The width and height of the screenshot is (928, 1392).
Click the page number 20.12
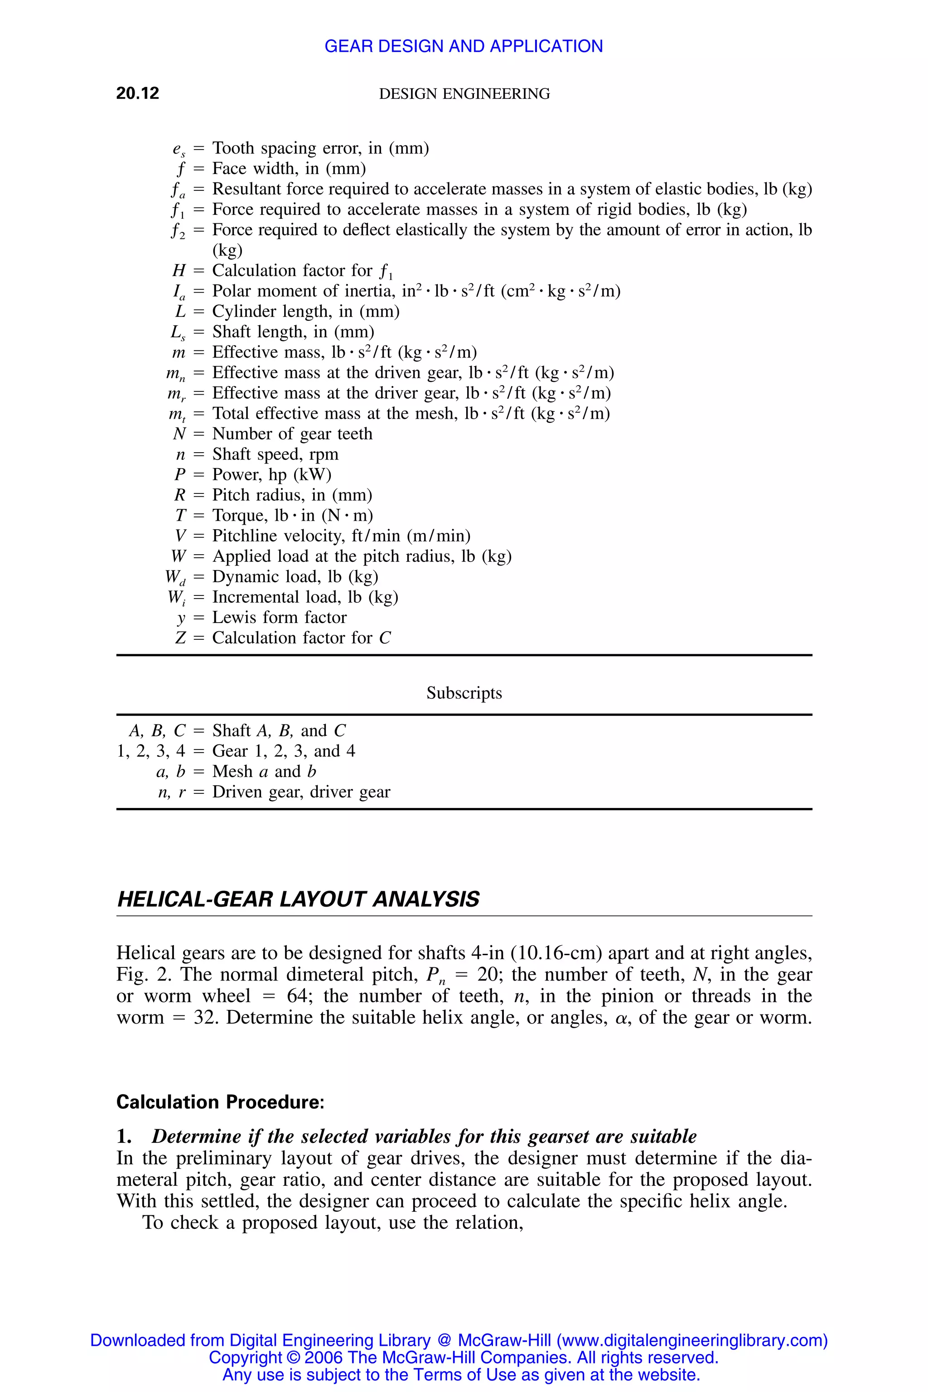pos(137,93)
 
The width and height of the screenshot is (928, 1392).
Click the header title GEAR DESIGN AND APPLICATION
pos(464,46)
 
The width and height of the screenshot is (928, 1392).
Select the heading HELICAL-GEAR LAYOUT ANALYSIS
pos(298,899)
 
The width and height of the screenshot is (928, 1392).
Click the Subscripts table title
pos(464,693)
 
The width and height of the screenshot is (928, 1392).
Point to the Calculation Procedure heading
pos(220,1102)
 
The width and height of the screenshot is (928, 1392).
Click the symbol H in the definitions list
pos(179,271)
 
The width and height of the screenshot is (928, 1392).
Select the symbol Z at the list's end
pos(180,638)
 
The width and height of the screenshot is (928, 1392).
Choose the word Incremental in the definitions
pos(255,597)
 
